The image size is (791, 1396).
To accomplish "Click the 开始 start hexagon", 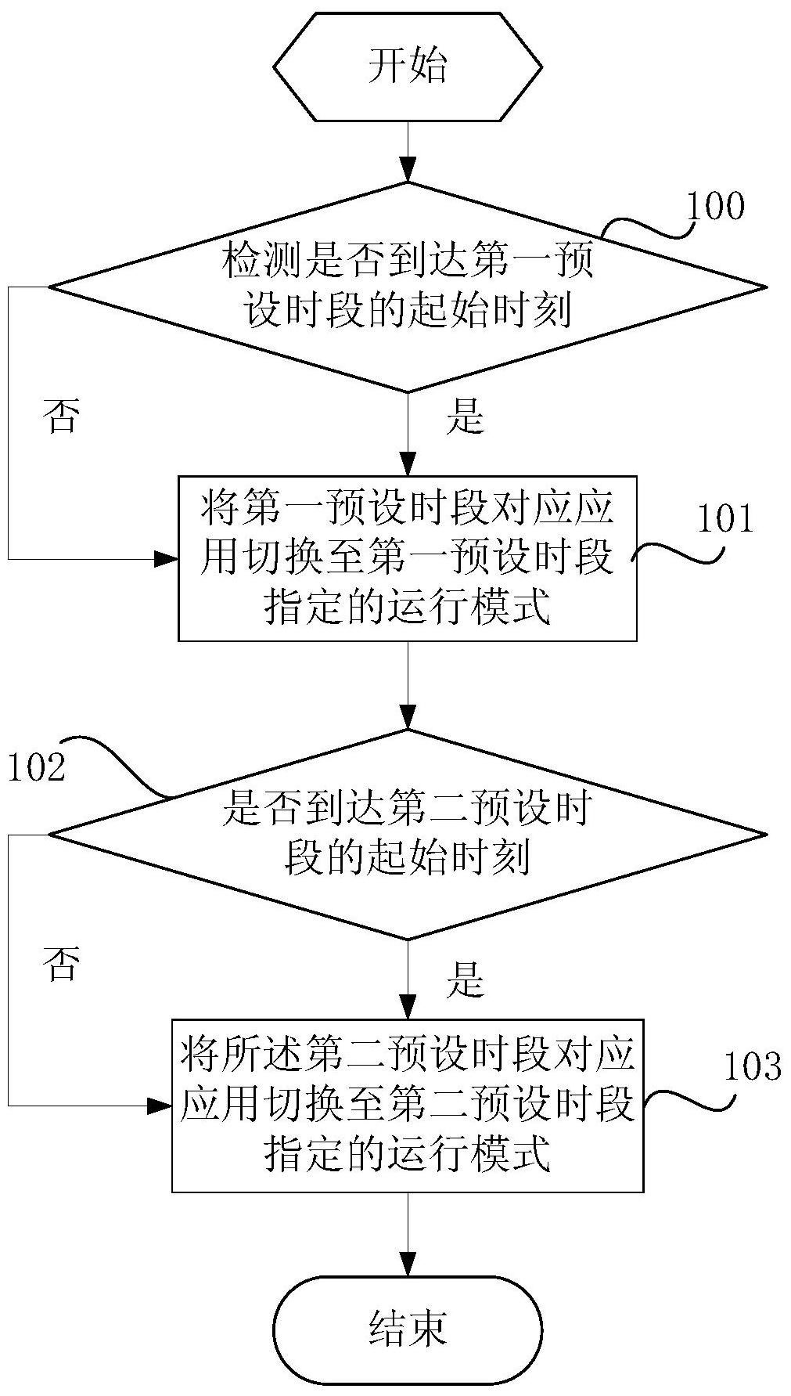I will [407, 66].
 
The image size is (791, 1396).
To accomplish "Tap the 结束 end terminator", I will [407, 1327].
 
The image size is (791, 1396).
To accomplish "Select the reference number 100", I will [715, 206].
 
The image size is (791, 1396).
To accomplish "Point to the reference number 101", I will [724, 518].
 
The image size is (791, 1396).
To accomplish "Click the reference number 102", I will [36, 768].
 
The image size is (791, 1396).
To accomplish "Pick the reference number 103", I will [752, 1066].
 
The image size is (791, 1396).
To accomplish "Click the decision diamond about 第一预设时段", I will [407, 287].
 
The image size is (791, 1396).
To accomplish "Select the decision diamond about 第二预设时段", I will [407, 834].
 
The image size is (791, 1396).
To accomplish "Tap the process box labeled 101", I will [407, 558].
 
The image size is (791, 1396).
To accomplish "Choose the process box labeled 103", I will [407, 1105].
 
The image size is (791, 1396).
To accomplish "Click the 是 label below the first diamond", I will [466, 417].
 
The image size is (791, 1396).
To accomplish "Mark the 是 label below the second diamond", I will [466, 979].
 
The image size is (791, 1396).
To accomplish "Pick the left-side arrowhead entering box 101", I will [166, 559].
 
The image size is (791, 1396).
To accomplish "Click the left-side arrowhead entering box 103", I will [160, 1106].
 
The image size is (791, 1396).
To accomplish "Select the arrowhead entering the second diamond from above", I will [407, 717].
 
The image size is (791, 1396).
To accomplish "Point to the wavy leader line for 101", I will [678, 554].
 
